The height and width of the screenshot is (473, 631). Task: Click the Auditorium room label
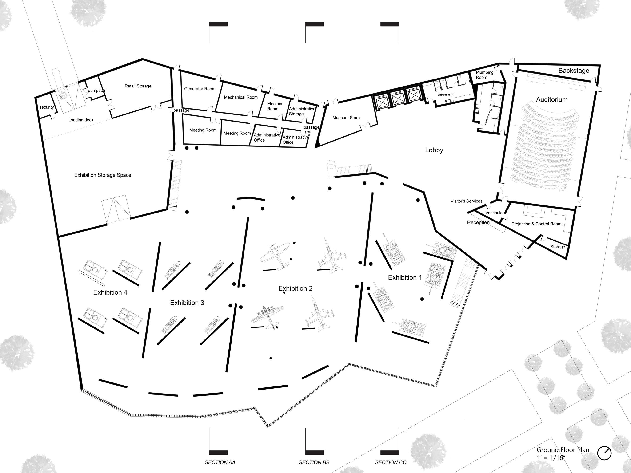(551, 100)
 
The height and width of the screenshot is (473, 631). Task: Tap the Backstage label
(574, 71)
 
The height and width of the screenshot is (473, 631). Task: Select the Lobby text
(434, 150)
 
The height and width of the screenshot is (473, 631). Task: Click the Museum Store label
(346, 118)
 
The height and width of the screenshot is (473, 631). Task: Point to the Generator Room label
(200, 89)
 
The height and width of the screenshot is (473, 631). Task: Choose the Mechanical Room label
(240, 97)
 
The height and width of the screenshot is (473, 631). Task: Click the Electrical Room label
(275, 106)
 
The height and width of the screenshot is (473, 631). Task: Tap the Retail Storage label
(138, 86)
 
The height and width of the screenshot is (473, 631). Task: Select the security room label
(47, 107)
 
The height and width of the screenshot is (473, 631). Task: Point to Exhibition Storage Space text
(103, 175)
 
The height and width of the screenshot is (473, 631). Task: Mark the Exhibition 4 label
(110, 292)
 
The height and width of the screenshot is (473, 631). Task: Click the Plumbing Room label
(484, 75)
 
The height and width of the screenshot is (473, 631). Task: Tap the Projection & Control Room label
(536, 224)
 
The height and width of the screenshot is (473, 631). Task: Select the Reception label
(478, 222)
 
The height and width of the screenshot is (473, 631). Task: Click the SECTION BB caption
(314, 462)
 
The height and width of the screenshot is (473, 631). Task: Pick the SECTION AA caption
(220, 462)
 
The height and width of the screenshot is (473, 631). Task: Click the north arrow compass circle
(604, 453)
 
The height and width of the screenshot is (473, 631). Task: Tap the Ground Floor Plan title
(563, 450)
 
